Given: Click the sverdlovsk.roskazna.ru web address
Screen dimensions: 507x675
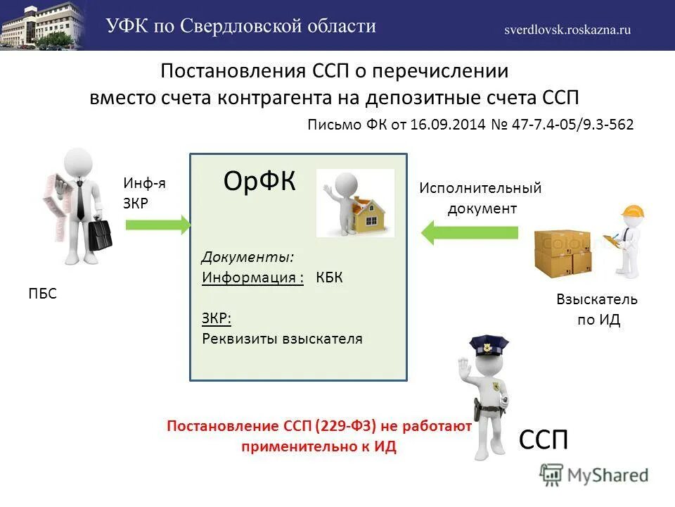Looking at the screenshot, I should click(x=567, y=30).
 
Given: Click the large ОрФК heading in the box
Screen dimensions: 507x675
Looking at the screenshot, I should click(x=259, y=182).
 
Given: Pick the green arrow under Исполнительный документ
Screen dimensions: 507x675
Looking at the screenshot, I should click(x=470, y=232).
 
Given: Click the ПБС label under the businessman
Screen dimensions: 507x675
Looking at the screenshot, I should click(x=43, y=294).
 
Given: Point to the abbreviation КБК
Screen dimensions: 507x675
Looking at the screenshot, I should click(x=330, y=277).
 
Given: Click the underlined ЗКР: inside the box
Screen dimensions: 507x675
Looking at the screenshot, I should click(x=217, y=318).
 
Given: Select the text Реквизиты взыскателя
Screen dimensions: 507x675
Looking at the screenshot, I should click(x=282, y=339).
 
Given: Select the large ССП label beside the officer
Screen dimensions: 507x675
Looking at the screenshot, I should click(x=543, y=441).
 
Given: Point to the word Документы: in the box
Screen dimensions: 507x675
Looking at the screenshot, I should click(x=248, y=256).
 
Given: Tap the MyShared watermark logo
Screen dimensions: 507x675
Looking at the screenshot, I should click(x=594, y=475).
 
